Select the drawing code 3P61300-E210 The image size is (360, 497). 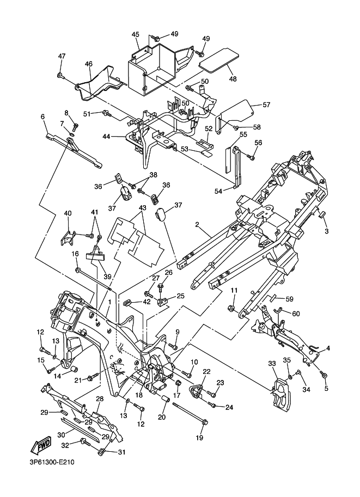point(49,463)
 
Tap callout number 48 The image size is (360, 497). point(233,79)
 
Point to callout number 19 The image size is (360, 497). point(199,437)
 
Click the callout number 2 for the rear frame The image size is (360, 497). point(198,224)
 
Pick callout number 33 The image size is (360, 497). point(272,364)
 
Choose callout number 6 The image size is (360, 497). point(42,116)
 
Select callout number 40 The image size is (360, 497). point(68,213)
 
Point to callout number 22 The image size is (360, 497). point(206,371)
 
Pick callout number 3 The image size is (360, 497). point(327,231)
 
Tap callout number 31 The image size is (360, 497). point(121,452)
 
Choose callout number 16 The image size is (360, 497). point(76,254)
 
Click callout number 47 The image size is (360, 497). point(62,56)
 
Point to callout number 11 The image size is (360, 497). point(234,291)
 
